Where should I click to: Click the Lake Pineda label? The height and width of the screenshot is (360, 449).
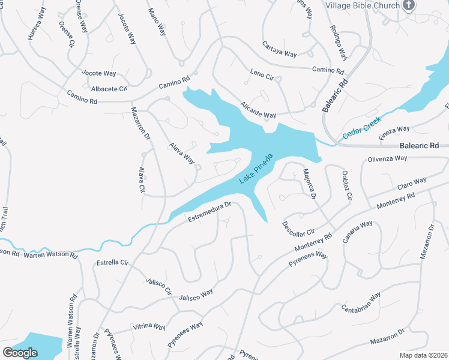click(x=256, y=169)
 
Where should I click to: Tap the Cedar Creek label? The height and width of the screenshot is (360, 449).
click(x=363, y=128)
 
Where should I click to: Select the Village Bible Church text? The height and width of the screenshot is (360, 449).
click(x=363, y=5)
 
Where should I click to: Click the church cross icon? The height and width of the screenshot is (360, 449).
click(x=409, y=6)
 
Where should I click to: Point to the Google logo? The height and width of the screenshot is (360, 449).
click(x=20, y=353)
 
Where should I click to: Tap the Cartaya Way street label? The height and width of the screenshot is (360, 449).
click(x=280, y=49)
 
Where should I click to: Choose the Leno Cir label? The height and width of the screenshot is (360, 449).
click(x=262, y=76)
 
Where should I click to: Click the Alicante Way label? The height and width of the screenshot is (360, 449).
click(x=258, y=109)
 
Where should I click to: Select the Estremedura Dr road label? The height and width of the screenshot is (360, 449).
click(x=209, y=212)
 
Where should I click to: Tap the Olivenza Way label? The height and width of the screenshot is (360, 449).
click(x=387, y=159)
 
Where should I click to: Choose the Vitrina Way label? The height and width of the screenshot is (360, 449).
click(x=149, y=327)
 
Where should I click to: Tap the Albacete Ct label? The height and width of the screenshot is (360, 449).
click(x=109, y=89)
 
